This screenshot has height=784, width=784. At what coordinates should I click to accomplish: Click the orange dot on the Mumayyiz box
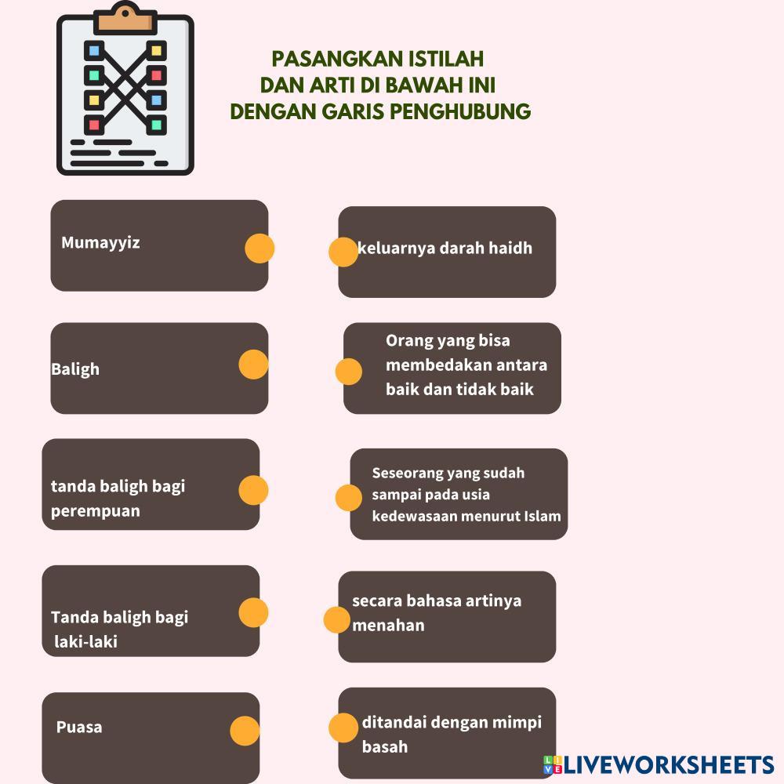point(260,248)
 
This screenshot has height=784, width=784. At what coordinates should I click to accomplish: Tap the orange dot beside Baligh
point(253,365)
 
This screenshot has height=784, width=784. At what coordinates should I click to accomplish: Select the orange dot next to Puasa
point(245,731)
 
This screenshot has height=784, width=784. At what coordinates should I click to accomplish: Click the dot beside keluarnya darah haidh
point(343,252)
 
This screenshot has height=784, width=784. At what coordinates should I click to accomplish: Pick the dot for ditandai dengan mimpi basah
point(343,728)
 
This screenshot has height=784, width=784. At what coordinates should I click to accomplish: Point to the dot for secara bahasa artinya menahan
point(337,619)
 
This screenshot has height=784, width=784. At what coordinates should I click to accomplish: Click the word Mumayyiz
point(100,242)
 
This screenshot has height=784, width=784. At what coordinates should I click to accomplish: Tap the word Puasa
point(79,727)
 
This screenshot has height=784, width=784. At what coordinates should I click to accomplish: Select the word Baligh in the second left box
point(75,368)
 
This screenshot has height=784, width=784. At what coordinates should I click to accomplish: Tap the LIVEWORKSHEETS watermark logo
point(659,765)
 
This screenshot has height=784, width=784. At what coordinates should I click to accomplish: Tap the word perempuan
point(96,511)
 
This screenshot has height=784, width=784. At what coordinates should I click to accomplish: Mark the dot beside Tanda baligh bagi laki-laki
point(253,612)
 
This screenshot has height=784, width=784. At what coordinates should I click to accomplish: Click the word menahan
point(388,626)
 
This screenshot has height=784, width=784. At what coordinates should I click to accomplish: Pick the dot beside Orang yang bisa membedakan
point(349,372)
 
